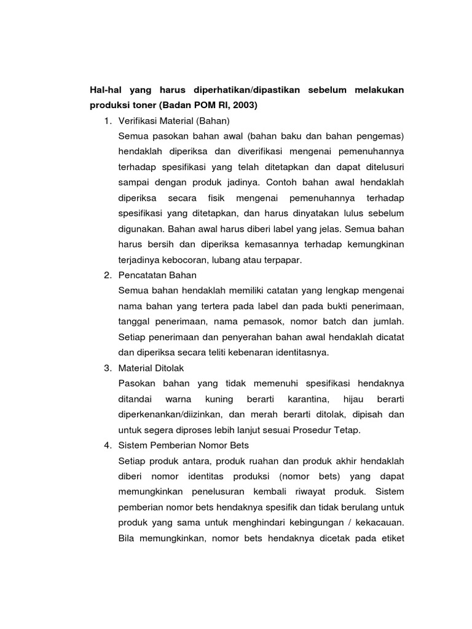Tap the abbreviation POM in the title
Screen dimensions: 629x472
pyautogui.click(x=199, y=105)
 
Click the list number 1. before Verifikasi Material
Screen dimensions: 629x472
pyautogui.click(x=108, y=120)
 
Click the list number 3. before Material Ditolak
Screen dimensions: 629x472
pyautogui.click(x=108, y=367)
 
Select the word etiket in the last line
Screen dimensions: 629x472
pyautogui.click(x=391, y=538)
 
